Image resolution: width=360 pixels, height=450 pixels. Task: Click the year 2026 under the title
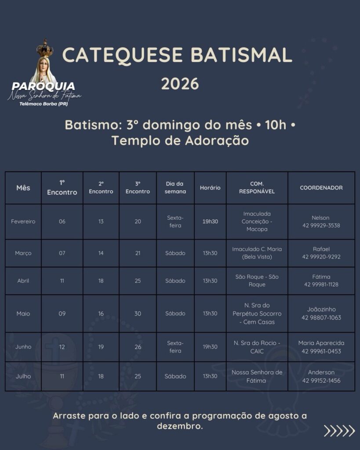tap(180, 83)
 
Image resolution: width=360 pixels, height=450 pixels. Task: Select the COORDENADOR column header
tap(321, 188)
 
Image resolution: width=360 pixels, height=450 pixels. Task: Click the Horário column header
tap(210, 188)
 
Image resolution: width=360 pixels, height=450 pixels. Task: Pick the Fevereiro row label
tap(23, 221)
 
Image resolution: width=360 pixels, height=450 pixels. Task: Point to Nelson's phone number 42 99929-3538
tap(321, 226)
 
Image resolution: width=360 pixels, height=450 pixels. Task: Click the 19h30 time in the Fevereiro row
tap(210, 221)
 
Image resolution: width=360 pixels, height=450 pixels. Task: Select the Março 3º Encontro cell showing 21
tap(138, 253)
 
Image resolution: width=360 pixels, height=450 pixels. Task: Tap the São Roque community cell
tap(257, 280)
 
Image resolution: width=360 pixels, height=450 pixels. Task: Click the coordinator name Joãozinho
tap(321, 309)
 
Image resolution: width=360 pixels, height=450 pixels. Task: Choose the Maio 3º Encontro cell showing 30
tap(138, 313)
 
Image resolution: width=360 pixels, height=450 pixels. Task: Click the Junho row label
tap(23, 347)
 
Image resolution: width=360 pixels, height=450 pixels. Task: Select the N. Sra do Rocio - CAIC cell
tap(257, 347)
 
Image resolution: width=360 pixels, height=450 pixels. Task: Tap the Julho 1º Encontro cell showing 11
tap(62, 376)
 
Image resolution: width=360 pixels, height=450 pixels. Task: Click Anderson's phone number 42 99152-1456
tap(321, 381)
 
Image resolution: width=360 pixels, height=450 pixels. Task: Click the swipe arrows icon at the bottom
tap(339, 431)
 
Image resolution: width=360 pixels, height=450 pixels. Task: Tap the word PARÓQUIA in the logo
tap(44, 86)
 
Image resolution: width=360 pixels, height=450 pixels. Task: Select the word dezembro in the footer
tap(179, 426)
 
